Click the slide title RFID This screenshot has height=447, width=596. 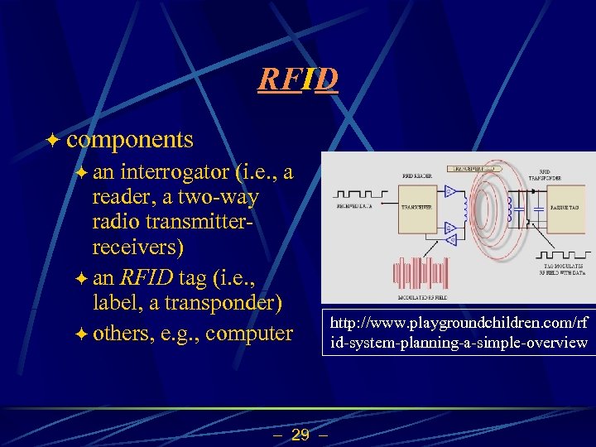click(297, 79)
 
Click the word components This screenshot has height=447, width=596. click(130, 139)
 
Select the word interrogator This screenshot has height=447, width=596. click(175, 173)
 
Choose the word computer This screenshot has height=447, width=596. click(252, 333)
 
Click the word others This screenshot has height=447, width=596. click(123, 333)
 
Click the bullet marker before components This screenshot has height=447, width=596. click(53, 140)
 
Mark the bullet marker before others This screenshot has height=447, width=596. click(80, 334)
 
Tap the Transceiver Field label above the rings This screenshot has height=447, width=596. click(472, 168)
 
